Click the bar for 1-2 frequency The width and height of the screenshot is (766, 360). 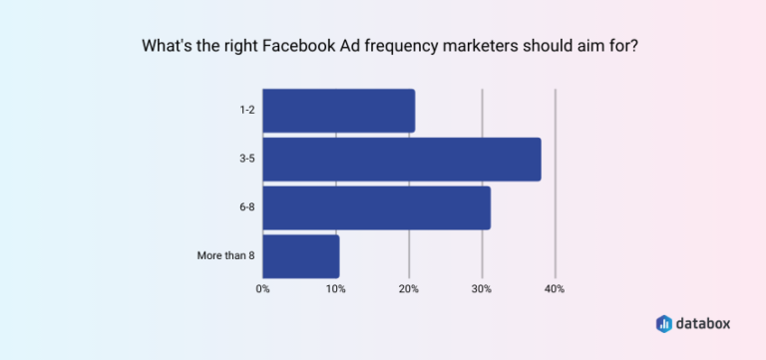coord(338,111)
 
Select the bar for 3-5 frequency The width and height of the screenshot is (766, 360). coord(401,160)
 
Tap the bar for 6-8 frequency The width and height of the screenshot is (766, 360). coord(376,207)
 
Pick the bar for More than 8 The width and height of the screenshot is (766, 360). coord(300,256)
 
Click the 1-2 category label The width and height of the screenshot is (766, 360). coord(245,111)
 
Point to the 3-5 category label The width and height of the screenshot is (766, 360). coord(245,160)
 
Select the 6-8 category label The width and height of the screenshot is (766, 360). coord(245,207)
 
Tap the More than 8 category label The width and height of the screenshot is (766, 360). coord(225,256)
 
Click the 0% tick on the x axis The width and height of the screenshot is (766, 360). coord(263,289)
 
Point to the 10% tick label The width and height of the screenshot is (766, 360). coord(336,289)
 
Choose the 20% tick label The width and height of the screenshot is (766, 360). coord(409,289)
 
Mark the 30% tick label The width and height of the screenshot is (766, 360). coord(482,289)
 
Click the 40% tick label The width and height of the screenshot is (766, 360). coord(555,289)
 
